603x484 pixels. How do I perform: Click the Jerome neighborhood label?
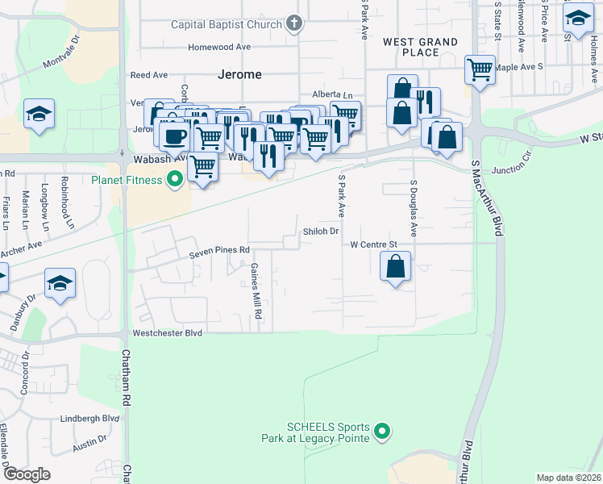(x=239, y=74)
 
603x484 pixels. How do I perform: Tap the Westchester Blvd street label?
(x=166, y=332)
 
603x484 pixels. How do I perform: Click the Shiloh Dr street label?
(x=320, y=232)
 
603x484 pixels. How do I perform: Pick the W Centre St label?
(x=374, y=244)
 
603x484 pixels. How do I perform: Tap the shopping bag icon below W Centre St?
(x=395, y=267)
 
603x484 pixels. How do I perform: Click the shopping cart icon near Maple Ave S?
(x=480, y=69)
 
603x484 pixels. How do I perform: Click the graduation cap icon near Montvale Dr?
(x=39, y=115)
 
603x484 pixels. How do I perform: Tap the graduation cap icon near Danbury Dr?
(x=60, y=284)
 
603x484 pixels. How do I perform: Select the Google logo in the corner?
(x=27, y=474)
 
